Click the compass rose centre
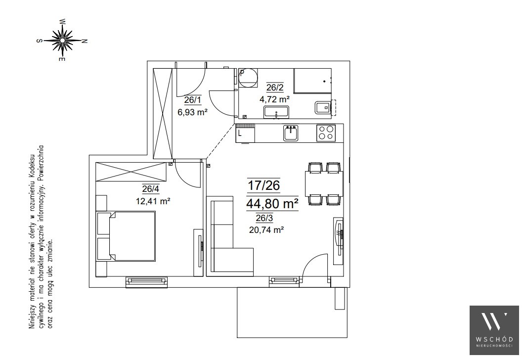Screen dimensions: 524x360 (x=62, y=40)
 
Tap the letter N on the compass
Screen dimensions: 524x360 (x=85, y=42)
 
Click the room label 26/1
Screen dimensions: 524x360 (x=193, y=99)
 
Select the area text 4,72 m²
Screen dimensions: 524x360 (x=274, y=99)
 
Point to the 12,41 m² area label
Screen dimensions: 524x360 (x=153, y=201)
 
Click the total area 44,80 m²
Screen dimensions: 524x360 (x=272, y=203)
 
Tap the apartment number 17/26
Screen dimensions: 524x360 (x=263, y=185)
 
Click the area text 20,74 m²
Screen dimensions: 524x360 (x=266, y=229)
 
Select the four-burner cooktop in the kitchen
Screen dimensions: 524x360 (x=325, y=133)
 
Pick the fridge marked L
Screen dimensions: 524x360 (x=245, y=134)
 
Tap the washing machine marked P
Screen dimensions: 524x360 (x=248, y=77)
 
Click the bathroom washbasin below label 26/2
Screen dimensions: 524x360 (x=276, y=112)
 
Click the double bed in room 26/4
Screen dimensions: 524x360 (x=126, y=236)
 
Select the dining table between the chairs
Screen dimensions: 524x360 (x=324, y=183)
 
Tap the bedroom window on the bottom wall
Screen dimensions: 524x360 (x=146, y=282)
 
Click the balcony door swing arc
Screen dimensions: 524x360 (x=309, y=259)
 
